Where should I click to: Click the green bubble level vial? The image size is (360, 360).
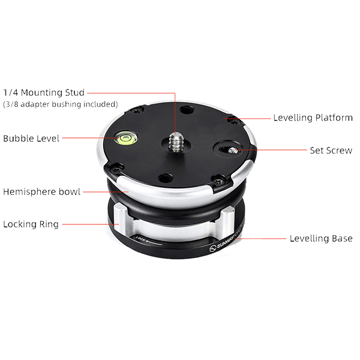(x=126, y=138)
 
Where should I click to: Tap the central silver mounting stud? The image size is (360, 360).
(x=176, y=142)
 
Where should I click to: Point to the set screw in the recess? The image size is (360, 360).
(x=233, y=151)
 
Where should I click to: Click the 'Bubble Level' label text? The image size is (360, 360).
(x=31, y=139)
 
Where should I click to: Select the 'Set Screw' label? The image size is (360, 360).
(x=331, y=151)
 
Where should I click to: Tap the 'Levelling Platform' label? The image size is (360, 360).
(x=313, y=118)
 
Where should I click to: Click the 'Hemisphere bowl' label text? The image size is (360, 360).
(x=42, y=192)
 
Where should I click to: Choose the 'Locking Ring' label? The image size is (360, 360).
(x=31, y=224)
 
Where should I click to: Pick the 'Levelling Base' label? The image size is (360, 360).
(x=321, y=238)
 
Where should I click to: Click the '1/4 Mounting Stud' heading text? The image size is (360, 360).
(x=44, y=92)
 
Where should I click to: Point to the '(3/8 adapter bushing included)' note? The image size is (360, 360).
(x=61, y=104)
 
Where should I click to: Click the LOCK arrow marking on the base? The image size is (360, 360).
(x=148, y=241)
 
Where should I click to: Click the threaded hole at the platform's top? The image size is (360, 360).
(x=187, y=110)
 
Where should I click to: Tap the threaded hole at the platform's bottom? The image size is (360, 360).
(x=166, y=178)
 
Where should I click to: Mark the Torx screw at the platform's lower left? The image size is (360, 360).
(x=115, y=169)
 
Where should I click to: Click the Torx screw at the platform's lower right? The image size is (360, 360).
(x=218, y=181)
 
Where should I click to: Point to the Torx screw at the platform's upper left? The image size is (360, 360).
(x=137, y=111)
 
